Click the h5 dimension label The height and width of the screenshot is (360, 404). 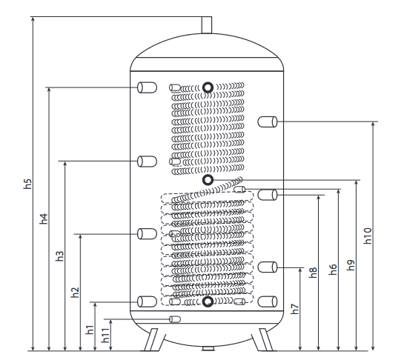[27, 184]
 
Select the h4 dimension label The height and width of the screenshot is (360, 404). [44, 219]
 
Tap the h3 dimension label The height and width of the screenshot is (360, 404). [59, 256]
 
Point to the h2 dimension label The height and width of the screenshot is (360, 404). [75, 293]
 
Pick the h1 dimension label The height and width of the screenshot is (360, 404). [90, 330]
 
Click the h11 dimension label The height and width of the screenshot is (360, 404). [105, 335]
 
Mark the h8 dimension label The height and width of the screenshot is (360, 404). [313, 273]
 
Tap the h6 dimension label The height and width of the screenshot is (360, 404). [333, 270]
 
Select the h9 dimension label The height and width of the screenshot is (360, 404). [351, 265]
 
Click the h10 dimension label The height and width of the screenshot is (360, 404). [368, 236]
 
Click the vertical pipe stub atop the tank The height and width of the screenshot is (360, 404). [207, 25]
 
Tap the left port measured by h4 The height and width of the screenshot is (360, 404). [147, 87]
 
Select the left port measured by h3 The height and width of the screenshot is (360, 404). [147, 161]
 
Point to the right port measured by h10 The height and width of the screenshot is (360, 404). [268, 121]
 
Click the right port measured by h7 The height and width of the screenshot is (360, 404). [268, 267]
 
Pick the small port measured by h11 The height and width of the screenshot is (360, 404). [175, 319]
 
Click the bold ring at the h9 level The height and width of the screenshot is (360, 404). [208, 180]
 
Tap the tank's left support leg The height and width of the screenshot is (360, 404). [150, 339]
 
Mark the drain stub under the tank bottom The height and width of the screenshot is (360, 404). [208, 349]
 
